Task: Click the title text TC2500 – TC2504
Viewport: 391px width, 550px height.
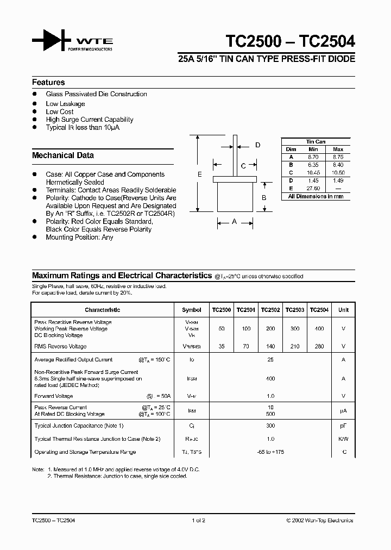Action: point(290,42)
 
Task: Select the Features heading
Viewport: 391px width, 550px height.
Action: point(48,83)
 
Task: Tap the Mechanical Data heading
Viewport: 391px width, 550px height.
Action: point(63,155)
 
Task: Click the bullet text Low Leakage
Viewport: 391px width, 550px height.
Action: point(65,104)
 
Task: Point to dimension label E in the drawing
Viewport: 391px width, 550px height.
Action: point(200,174)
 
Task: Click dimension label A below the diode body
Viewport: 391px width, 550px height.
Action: point(235,221)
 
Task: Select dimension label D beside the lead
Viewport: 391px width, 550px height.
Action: point(257,145)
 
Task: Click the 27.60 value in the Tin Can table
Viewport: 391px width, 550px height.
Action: point(313,188)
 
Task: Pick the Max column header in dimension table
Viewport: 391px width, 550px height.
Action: point(338,149)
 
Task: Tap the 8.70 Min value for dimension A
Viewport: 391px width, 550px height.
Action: point(313,157)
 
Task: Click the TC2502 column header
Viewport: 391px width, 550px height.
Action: point(270,310)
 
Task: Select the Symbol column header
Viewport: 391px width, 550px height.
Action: point(192,310)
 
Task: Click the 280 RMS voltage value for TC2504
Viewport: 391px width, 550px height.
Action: point(319,347)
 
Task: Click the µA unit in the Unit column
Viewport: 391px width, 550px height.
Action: point(343,411)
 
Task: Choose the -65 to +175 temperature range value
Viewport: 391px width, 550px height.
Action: point(270,452)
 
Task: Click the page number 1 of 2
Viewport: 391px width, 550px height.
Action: point(198,521)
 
